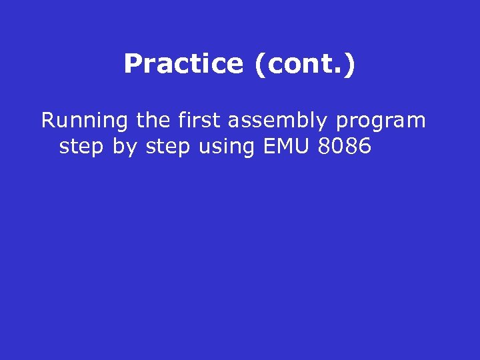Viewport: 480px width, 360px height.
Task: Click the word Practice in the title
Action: [183, 64]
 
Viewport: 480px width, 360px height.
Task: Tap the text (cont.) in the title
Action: [304, 64]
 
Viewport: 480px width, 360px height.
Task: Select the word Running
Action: [85, 121]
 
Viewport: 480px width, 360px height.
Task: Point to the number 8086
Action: [345, 146]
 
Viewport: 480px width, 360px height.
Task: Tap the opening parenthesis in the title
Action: [258, 65]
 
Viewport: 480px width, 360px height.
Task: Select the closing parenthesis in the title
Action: [351, 65]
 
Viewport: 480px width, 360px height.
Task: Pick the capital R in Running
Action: [47, 121]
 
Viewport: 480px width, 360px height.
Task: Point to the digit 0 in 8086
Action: [338, 146]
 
